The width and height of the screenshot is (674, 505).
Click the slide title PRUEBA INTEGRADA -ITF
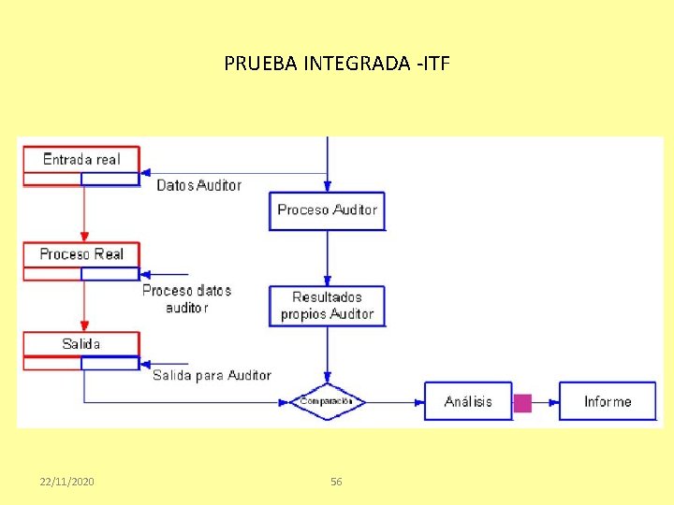(x=337, y=64)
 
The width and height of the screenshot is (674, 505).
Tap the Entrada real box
(x=81, y=159)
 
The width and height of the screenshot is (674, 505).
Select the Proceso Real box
(x=81, y=254)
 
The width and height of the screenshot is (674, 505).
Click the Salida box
(x=81, y=344)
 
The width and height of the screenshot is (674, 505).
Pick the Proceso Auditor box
(x=327, y=210)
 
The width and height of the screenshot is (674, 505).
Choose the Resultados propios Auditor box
(x=327, y=306)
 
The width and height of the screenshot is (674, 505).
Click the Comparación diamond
(x=327, y=401)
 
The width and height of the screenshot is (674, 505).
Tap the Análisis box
(x=468, y=401)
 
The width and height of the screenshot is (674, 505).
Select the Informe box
(x=608, y=401)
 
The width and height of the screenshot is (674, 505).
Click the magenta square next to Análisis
(x=522, y=403)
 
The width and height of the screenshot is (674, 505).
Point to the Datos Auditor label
(x=198, y=185)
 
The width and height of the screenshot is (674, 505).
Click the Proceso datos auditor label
(x=186, y=298)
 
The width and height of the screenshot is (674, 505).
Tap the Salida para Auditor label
(x=212, y=375)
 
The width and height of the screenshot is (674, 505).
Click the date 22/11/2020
(x=66, y=482)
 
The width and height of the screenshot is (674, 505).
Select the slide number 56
(x=337, y=482)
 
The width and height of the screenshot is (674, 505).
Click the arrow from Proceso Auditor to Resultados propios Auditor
(x=327, y=257)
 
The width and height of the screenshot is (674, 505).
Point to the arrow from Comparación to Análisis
(x=393, y=401)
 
